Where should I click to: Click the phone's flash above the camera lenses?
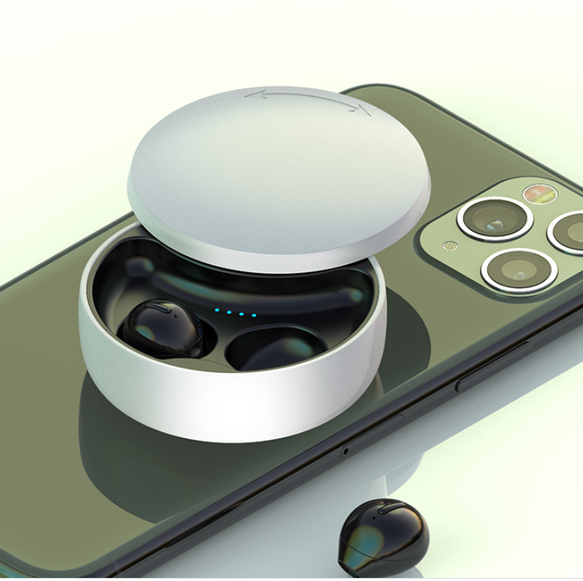point(540,194)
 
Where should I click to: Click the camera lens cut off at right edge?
point(569,231)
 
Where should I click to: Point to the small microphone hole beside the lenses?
point(450,246)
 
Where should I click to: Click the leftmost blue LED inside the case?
point(216,309)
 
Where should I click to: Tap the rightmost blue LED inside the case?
point(253,315)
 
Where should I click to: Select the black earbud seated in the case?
point(160,328)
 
